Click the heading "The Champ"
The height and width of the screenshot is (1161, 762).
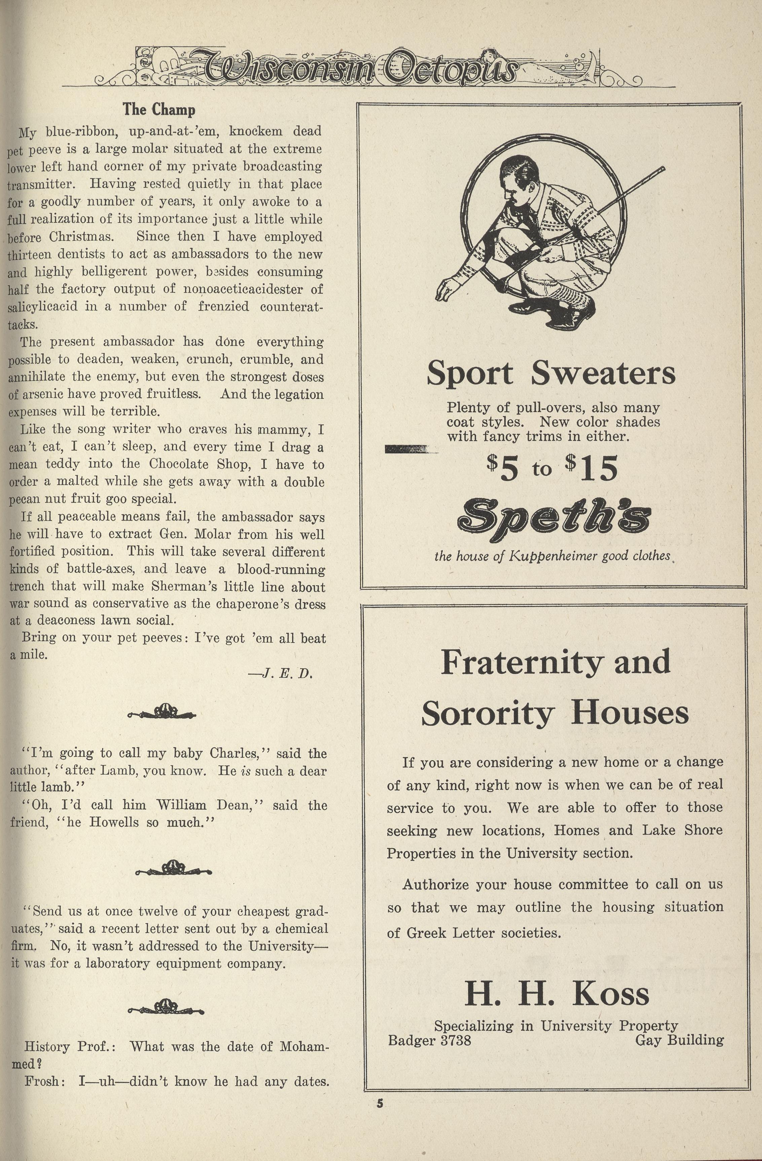[x=159, y=109]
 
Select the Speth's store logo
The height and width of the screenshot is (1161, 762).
[x=553, y=520]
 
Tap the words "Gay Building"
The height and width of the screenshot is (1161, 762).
[x=679, y=1040]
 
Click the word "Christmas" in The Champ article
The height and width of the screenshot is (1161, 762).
[x=81, y=237]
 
